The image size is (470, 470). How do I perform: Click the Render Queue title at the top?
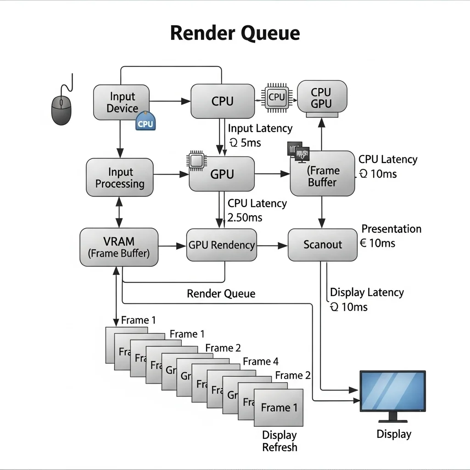click(x=235, y=34)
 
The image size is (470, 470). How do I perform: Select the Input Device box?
click(x=121, y=102)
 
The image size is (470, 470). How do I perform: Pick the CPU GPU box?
click(x=321, y=98)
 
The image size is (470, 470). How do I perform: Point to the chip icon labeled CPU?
click(x=277, y=97)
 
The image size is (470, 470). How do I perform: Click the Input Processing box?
click(x=120, y=178)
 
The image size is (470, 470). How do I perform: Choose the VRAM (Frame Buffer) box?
click(x=119, y=247)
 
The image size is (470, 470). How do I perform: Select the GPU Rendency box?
click(x=222, y=245)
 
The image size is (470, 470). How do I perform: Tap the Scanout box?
click(x=323, y=245)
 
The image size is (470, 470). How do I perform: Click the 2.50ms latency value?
click(x=245, y=218)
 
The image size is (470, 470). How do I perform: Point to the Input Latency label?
click(x=260, y=129)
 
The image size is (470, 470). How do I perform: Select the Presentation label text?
click(x=391, y=229)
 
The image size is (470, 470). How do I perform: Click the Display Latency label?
click(x=367, y=292)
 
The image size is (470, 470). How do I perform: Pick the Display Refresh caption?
click(x=280, y=441)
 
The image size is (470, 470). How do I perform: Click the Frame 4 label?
click(x=261, y=362)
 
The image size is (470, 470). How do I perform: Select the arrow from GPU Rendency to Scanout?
click(x=272, y=246)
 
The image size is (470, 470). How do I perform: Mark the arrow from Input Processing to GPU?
click(x=171, y=174)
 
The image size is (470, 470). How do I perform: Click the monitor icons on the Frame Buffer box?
click(x=298, y=152)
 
